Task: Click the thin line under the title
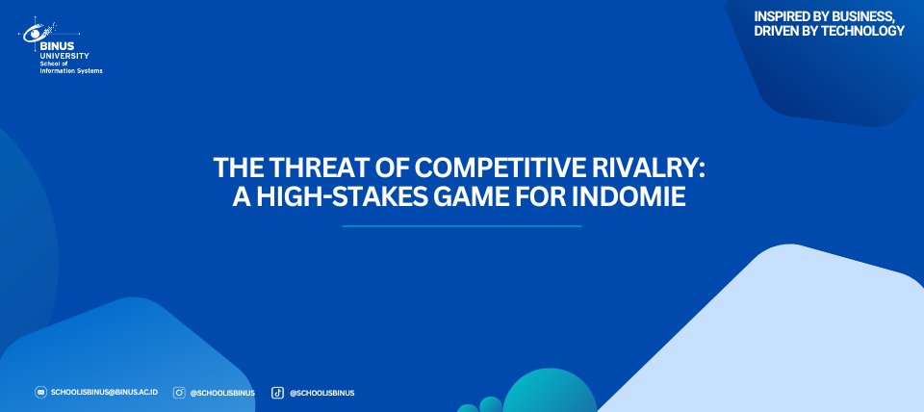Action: coord(461,226)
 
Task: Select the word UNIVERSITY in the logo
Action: coord(64,56)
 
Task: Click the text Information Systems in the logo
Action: coord(70,70)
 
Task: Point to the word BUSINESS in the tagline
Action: coord(860,17)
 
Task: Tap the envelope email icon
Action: coord(40,392)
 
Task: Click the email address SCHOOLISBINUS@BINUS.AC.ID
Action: coord(104,392)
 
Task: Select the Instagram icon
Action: coord(179,393)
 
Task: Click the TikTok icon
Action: coord(277,393)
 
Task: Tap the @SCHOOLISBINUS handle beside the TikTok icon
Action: coord(321,393)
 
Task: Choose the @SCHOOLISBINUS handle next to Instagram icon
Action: coord(222,393)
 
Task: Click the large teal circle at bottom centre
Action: coord(550,392)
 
